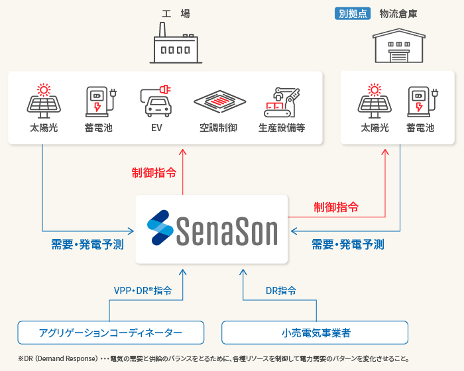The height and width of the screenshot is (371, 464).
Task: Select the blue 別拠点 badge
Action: tap(353, 13)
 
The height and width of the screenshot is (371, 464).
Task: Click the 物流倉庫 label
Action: tap(398, 13)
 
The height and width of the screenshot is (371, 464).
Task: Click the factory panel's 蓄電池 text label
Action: tap(99, 128)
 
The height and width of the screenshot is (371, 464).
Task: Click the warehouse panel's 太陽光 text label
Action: tap(375, 128)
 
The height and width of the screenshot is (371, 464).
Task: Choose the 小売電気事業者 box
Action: tap(315, 332)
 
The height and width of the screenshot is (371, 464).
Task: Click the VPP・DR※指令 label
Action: tap(143, 290)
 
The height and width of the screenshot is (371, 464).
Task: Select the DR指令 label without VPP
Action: tap(281, 290)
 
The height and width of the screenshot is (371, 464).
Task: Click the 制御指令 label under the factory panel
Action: tap(154, 173)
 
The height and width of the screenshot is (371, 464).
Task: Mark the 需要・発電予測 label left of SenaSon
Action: tap(87, 244)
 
